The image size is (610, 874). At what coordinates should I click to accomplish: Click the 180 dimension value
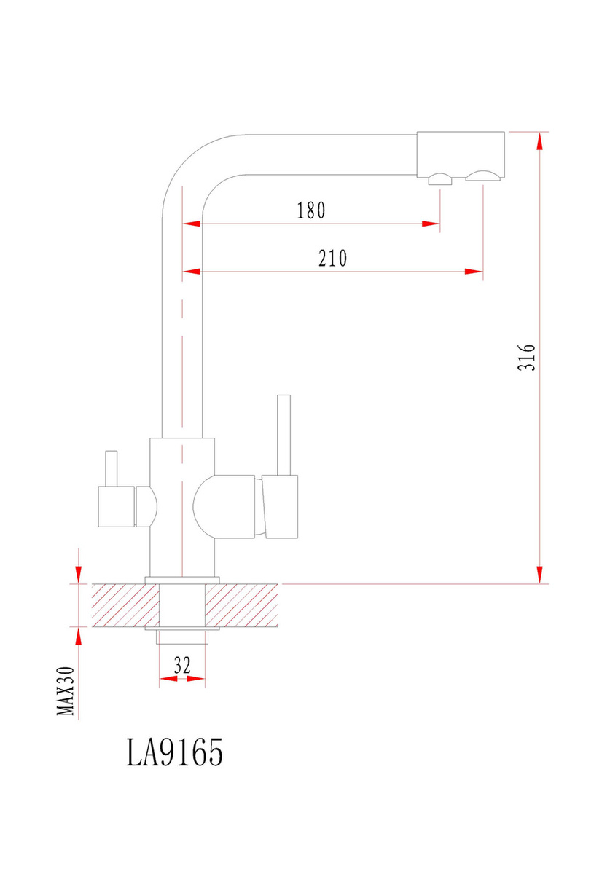[x=311, y=210]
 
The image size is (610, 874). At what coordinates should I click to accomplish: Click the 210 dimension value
[x=332, y=258]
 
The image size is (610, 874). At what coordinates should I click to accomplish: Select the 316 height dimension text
[x=526, y=357]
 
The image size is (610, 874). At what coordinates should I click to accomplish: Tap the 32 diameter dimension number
[x=182, y=665]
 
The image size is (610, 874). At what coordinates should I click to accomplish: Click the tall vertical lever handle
[x=284, y=435]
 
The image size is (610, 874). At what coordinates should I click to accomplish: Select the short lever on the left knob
[x=112, y=468]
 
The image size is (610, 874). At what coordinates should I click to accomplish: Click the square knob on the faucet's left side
[x=117, y=506]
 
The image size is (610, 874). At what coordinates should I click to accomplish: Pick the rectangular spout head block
[x=461, y=154]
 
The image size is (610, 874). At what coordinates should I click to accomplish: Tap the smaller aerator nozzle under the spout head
[x=440, y=179]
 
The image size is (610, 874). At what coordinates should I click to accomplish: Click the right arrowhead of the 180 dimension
[x=431, y=224]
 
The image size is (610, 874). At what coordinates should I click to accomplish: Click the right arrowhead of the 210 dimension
[x=474, y=272]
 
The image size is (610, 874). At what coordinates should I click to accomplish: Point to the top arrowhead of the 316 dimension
[x=540, y=141]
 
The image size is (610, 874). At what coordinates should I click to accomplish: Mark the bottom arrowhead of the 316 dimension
[x=540, y=575]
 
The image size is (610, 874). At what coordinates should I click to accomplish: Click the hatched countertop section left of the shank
[x=125, y=605]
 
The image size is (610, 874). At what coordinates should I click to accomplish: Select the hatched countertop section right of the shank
[x=241, y=605]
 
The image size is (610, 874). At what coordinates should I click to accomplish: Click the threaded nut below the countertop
[x=182, y=637]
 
